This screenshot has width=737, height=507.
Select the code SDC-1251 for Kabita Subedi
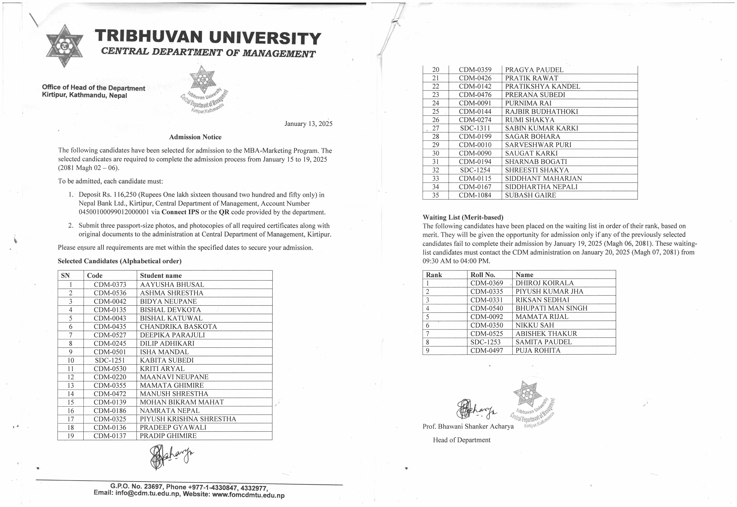coord(110,360)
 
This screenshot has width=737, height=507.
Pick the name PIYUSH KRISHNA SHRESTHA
coord(188,419)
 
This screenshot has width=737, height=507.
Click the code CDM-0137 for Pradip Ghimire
coord(110,436)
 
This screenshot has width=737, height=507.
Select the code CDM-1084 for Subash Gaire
coord(475,195)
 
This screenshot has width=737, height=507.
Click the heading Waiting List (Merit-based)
coord(463,218)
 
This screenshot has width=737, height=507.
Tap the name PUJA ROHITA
coord(538,351)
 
